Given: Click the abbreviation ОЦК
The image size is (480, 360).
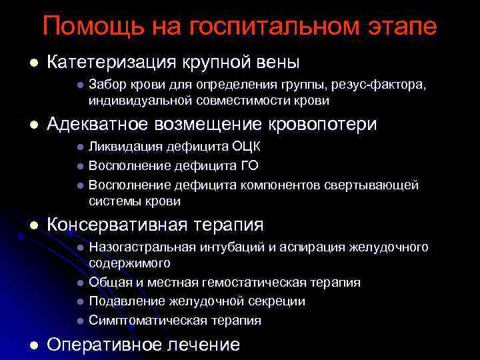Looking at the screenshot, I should (x=246, y=147).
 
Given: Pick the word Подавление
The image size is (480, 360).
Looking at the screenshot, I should (x=121, y=301).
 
